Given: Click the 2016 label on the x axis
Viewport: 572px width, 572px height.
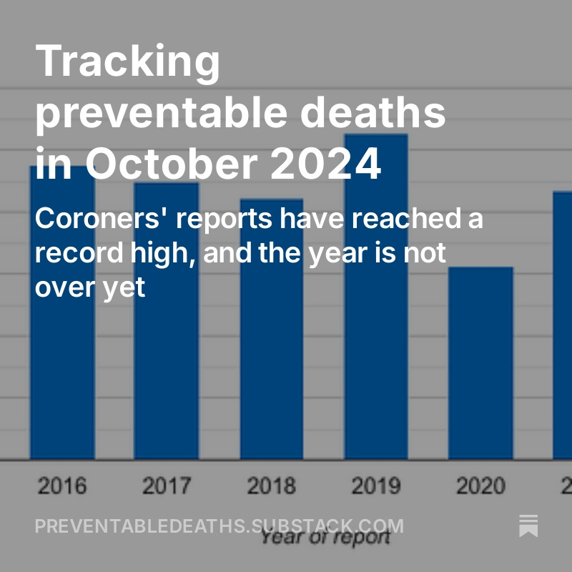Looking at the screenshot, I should (x=62, y=486).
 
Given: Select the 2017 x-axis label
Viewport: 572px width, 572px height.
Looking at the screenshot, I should (x=167, y=486).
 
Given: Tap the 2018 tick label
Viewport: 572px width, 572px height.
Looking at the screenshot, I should (x=272, y=486).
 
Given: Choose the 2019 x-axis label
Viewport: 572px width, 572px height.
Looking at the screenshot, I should (x=376, y=486).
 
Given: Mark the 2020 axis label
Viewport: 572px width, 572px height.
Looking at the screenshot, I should (x=480, y=486).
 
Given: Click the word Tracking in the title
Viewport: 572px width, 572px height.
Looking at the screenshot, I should (x=128, y=61).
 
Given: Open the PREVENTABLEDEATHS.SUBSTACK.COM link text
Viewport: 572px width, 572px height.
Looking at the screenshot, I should (x=219, y=527).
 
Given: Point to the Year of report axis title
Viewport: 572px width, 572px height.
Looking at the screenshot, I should (x=325, y=538).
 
